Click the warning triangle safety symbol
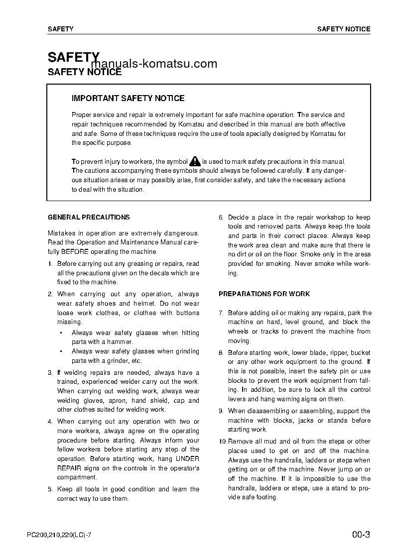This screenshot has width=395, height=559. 195,161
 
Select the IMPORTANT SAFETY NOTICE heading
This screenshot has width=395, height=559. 128,99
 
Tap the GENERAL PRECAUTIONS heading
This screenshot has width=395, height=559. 89,217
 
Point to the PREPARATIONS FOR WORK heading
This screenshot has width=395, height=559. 264,294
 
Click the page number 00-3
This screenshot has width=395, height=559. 360,536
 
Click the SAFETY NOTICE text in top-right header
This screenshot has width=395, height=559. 344,29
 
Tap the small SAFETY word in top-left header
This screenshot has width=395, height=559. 60,29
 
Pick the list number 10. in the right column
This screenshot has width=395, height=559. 223,442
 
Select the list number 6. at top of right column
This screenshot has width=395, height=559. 221,218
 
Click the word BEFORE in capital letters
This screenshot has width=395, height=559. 76,251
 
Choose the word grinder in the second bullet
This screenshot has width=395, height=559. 116,361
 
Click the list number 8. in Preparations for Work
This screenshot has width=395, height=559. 221,352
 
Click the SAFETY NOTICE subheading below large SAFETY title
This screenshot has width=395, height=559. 84,72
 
